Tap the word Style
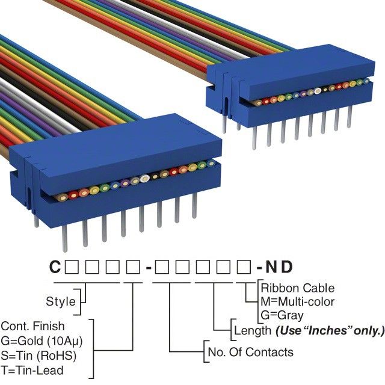61,301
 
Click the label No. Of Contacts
250,352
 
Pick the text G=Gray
282,315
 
